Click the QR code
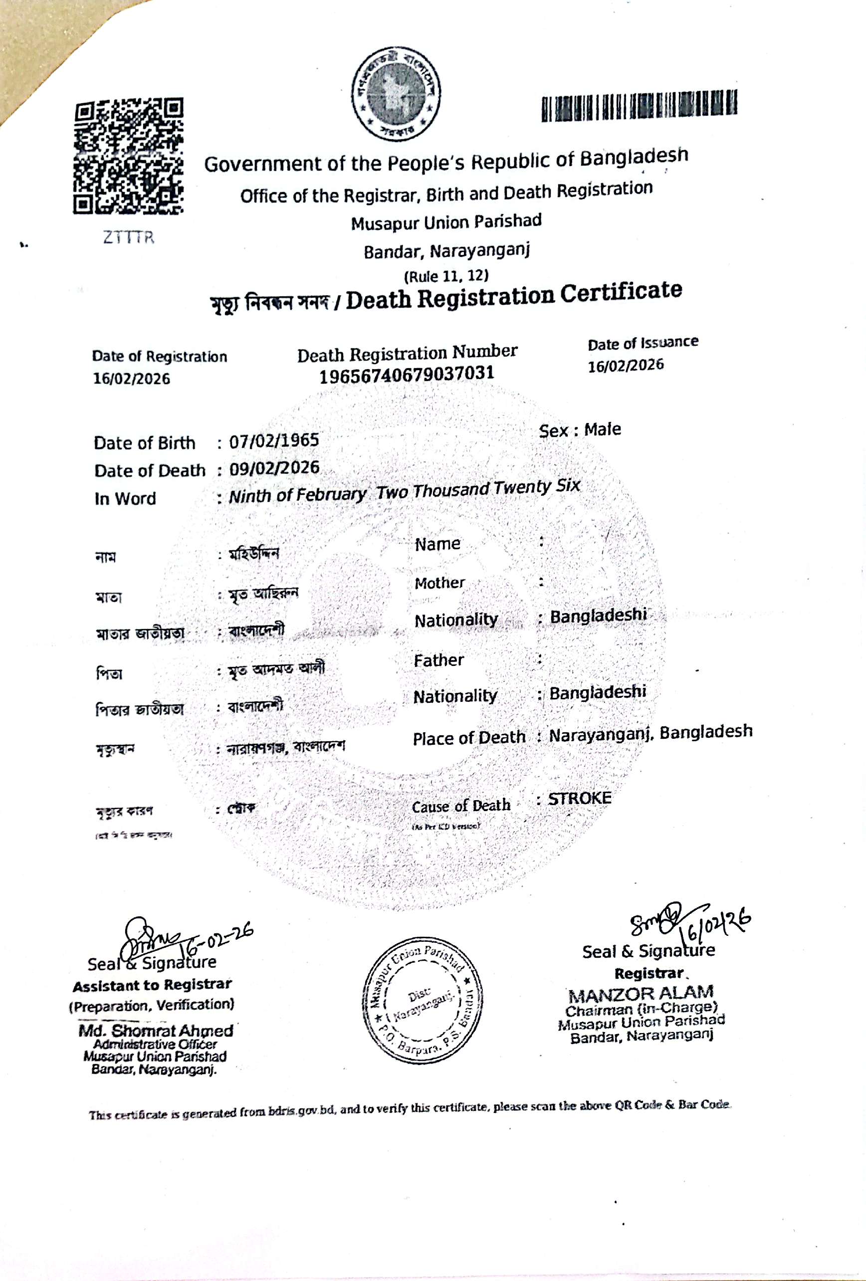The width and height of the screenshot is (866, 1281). (x=128, y=157)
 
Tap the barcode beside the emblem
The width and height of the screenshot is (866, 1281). (x=639, y=105)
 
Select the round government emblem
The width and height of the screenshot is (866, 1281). (x=396, y=94)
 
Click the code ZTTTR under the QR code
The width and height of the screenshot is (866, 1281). (x=128, y=237)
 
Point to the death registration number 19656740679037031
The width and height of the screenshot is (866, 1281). (x=407, y=374)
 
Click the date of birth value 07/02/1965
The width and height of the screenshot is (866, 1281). (x=274, y=440)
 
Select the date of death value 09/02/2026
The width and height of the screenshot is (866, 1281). (x=274, y=468)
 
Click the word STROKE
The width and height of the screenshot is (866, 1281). (x=579, y=799)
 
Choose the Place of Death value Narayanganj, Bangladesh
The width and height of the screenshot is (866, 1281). (x=650, y=733)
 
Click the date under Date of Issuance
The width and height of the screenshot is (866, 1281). (x=625, y=366)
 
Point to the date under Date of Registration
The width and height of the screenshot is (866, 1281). (x=131, y=379)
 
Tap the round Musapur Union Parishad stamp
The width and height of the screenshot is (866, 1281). (x=422, y=1000)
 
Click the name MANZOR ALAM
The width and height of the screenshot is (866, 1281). (x=641, y=994)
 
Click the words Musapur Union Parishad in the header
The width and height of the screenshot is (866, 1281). (x=446, y=222)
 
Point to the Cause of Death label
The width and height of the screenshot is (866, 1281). (x=461, y=806)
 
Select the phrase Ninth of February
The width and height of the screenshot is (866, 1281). (x=297, y=495)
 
